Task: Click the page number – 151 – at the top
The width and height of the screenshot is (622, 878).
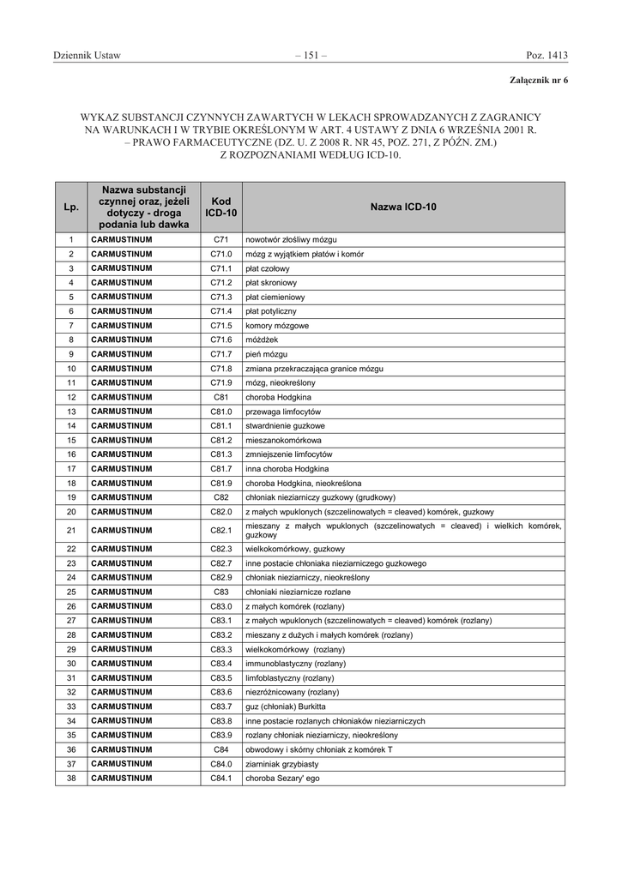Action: point(311,56)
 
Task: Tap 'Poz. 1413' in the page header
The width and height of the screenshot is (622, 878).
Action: point(547,56)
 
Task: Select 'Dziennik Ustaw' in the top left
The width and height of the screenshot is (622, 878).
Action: point(87,56)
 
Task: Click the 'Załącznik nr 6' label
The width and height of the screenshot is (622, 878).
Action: point(539,80)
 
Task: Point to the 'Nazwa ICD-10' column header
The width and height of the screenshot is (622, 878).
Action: point(403,207)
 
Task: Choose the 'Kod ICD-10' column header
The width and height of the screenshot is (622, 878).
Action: point(221,207)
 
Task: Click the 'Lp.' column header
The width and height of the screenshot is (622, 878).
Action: point(71,207)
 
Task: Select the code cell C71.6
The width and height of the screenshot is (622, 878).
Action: point(221,340)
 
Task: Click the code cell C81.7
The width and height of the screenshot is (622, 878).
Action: point(221,468)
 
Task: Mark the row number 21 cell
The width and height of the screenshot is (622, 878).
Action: point(71,530)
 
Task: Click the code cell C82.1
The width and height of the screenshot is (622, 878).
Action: point(221,530)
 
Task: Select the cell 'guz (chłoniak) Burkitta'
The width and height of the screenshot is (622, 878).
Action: point(286,707)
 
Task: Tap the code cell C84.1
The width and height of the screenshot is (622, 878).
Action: point(221,779)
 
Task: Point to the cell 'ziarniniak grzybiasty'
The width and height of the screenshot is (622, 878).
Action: point(281,764)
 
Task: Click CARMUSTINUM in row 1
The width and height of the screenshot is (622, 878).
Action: point(122,239)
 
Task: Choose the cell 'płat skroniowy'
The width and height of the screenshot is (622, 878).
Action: point(271,283)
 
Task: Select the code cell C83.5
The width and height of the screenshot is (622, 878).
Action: point(221,677)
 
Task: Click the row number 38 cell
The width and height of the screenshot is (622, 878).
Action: point(71,779)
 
